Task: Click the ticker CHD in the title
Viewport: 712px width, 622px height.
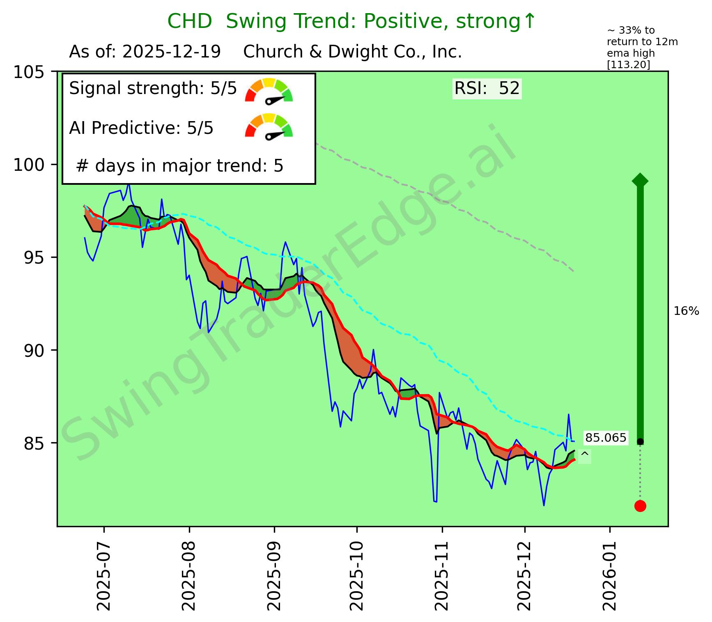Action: (x=189, y=21)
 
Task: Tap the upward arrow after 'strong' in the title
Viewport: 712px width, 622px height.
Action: (x=530, y=21)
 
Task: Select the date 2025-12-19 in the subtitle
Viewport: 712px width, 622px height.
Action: (x=172, y=52)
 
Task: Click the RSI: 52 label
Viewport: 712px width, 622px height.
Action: (x=487, y=89)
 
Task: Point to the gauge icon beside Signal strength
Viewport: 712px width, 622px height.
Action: (x=269, y=90)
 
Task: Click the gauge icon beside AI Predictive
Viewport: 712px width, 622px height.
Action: (x=269, y=125)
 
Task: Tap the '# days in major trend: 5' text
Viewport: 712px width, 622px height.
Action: (x=180, y=166)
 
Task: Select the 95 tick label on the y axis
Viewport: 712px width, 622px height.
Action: (x=34, y=258)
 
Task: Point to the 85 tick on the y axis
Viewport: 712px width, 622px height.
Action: (x=34, y=443)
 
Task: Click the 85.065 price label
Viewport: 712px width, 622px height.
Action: (x=606, y=438)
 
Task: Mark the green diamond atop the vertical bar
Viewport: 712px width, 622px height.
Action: (x=640, y=180)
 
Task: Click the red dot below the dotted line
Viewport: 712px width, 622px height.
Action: (x=640, y=506)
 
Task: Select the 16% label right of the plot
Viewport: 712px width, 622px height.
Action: (x=686, y=312)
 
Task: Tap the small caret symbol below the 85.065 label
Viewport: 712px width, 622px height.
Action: (x=585, y=454)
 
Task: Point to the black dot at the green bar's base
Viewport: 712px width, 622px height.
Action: (x=640, y=441)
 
